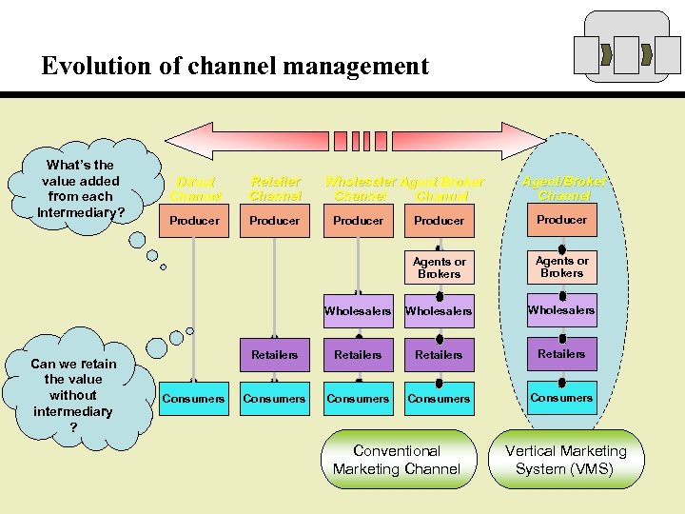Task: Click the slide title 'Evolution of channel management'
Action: click(x=235, y=66)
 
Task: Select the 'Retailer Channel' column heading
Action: click(x=274, y=188)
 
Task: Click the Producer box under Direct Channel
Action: click(x=194, y=221)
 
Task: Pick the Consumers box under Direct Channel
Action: click(x=194, y=399)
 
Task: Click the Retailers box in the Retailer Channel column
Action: click(x=274, y=355)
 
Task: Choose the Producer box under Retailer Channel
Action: click(x=274, y=221)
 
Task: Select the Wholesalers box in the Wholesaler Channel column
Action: click(x=358, y=311)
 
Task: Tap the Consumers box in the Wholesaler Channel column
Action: click(x=358, y=399)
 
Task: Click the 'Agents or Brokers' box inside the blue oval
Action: click(x=561, y=267)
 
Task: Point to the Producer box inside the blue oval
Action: click(x=561, y=220)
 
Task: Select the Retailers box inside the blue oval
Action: click(x=561, y=354)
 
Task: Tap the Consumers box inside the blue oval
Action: click(x=561, y=398)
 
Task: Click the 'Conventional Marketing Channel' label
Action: click(x=397, y=460)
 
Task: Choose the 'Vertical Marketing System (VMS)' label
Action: click(x=565, y=460)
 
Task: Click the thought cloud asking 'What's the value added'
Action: click(x=81, y=188)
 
